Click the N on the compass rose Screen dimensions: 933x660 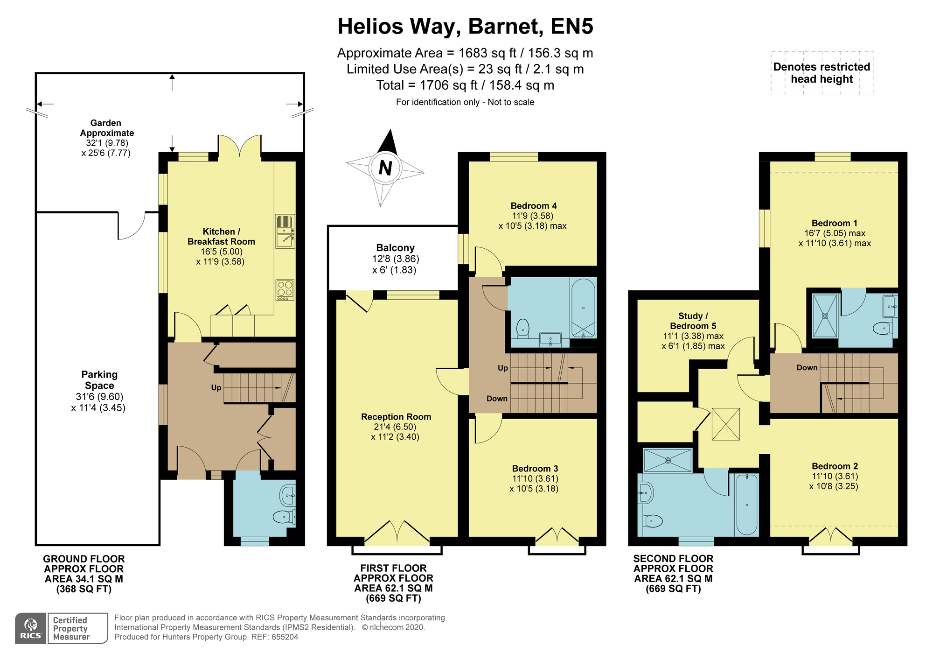[385, 168]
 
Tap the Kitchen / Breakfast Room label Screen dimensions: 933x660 [221, 237]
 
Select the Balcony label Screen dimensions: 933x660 [396, 248]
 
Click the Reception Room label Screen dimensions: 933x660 [396, 417]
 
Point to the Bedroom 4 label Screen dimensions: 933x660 [534, 206]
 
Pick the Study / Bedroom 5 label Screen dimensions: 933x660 [693, 321]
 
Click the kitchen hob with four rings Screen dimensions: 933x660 [285, 290]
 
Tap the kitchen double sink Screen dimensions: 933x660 [285, 231]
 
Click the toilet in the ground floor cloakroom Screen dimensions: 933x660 [284, 517]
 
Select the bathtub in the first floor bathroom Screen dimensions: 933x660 [583, 308]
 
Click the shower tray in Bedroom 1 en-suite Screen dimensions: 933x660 [825, 316]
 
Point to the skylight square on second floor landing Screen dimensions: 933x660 [726, 424]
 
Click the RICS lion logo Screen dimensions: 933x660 [31, 628]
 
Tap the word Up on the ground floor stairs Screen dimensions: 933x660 [216, 388]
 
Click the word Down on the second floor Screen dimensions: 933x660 [807, 368]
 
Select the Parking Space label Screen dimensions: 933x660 [99, 380]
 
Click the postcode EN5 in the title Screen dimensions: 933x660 [572, 26]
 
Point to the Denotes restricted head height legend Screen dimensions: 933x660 [822, 73]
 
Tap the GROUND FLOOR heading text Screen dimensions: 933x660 [84, 559]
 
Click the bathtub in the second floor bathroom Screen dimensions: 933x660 [746, 505]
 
